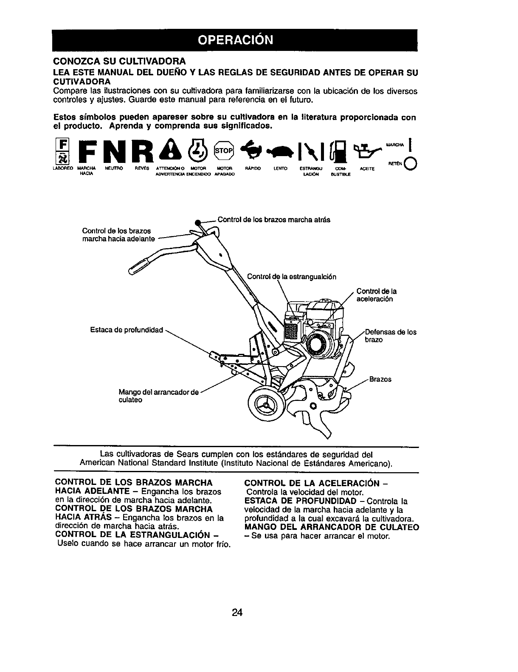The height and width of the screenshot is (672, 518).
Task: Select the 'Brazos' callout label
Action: (380, 379)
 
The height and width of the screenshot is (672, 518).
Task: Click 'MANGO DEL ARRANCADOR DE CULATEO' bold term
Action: (332, 527)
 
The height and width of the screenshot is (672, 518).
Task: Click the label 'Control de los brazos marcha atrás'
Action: (273, 220)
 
